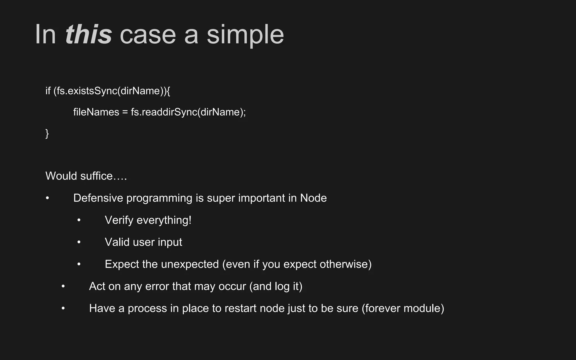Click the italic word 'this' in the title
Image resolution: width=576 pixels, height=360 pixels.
[88, 35]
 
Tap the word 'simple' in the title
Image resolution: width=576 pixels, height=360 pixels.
[245, 35]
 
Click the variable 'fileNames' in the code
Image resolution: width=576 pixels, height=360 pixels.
[96, 112]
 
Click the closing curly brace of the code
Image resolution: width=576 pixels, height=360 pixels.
[47, 133]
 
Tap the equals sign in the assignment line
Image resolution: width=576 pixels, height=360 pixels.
[125, 112]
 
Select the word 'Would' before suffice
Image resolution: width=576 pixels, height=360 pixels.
[61, 176]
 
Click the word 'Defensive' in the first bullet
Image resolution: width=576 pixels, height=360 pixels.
[98, 198]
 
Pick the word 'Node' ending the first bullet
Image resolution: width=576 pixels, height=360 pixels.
[313, 198]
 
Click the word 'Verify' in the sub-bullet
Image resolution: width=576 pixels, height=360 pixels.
[119, 220]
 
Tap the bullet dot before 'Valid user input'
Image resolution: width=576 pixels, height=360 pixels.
[79, 242]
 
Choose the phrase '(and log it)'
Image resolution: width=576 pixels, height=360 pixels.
[276, 286]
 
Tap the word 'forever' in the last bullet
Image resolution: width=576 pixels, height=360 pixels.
[382, 309]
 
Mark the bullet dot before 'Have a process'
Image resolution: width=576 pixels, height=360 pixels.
[63, 309]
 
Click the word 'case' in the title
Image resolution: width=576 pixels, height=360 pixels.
[148, 35]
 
